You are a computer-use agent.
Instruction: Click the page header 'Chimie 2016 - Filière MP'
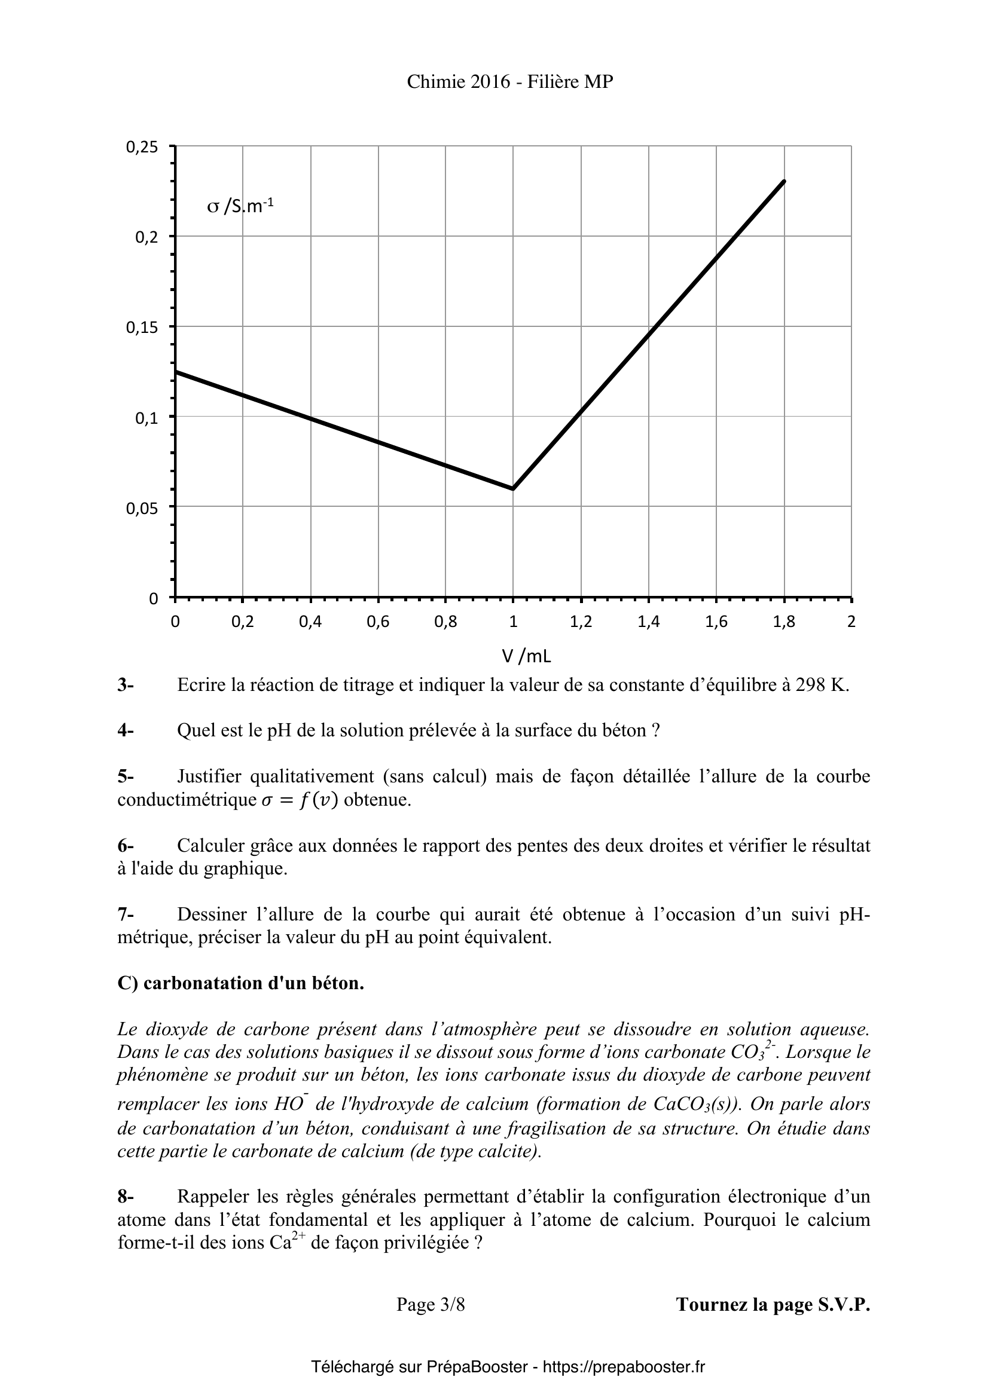tap(509, 82)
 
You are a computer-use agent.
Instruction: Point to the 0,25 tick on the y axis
tap(142, 147)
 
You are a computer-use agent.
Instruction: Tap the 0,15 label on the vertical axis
tap(142, 327)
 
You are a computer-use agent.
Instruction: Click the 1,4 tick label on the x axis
tap(649, 622)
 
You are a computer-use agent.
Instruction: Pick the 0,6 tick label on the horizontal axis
tap(377, 622)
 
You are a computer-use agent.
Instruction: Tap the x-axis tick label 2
tap(851, 622)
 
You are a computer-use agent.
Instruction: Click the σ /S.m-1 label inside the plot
tap(240, 206)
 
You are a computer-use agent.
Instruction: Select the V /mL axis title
tap(526, 656)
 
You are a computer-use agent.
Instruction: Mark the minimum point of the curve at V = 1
tap(514, 488)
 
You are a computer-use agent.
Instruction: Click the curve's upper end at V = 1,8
tap(784, 181)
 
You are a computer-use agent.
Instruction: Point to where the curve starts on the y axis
tap(176, 371)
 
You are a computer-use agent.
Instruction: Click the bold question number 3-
tap(126, 685)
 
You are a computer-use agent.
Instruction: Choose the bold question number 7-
tap(126, 914)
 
